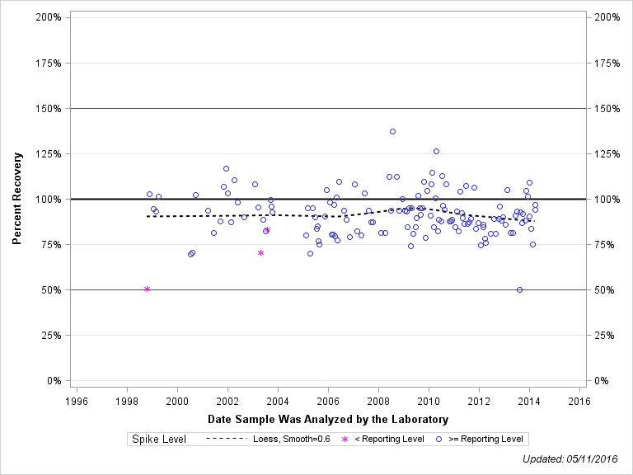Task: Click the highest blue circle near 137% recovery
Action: coord(392,131)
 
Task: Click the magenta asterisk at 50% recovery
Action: coord(147,289)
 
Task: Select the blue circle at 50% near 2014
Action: coord(519,289)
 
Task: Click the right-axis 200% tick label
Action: coord(607,17)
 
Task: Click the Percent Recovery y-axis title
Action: coord(17,199)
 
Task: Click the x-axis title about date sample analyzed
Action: coord(328,419)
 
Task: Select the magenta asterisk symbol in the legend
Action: coord(345,439)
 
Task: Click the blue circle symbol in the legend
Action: coord(438,439)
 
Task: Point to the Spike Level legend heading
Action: coord(159,439)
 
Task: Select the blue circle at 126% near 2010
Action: coord(436,151)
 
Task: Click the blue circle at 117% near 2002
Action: coord(226,168)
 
